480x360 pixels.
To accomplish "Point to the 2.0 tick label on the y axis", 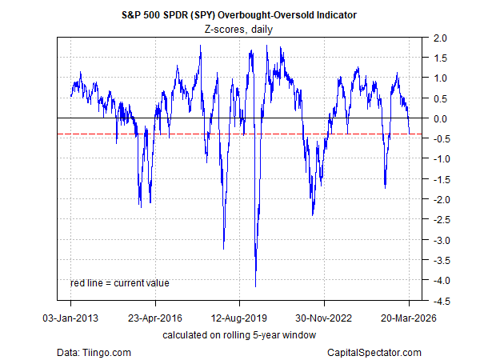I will coord(438,38).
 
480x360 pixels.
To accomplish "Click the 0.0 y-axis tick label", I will coord(438,118).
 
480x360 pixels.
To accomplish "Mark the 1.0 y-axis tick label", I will coord(438,78).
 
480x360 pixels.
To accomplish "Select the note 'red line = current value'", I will coord(120,282).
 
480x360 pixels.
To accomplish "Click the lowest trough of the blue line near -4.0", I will coord(255,286).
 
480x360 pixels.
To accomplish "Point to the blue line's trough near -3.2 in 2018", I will coord(223,247).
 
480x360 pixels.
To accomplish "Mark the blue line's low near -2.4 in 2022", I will coord(313,214).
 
